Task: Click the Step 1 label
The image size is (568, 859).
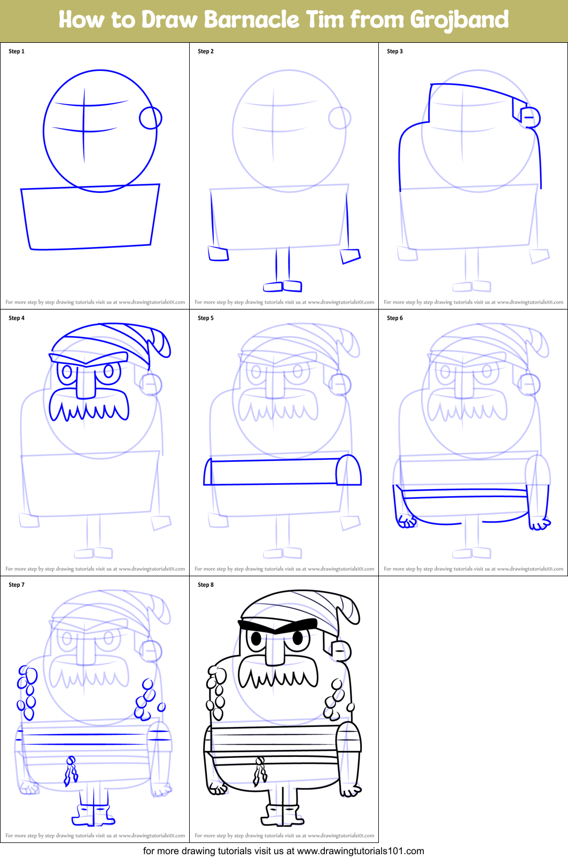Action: click(17, 51)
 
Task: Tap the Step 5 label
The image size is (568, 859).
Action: click(206, 318)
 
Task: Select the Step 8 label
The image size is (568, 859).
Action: click(206, 585)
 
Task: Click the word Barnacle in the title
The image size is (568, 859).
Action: click(252, 20)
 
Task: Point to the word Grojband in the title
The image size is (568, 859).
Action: click(459, 20)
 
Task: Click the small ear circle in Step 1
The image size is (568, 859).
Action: click(151, 118)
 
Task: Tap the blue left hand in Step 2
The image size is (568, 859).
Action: click(218, 253)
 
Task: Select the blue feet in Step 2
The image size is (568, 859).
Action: click(283, 287)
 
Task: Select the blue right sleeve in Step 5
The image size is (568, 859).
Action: click(349, 471)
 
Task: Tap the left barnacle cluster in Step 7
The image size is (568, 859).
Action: click(26, 693)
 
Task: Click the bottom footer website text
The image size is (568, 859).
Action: click(283, 851)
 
